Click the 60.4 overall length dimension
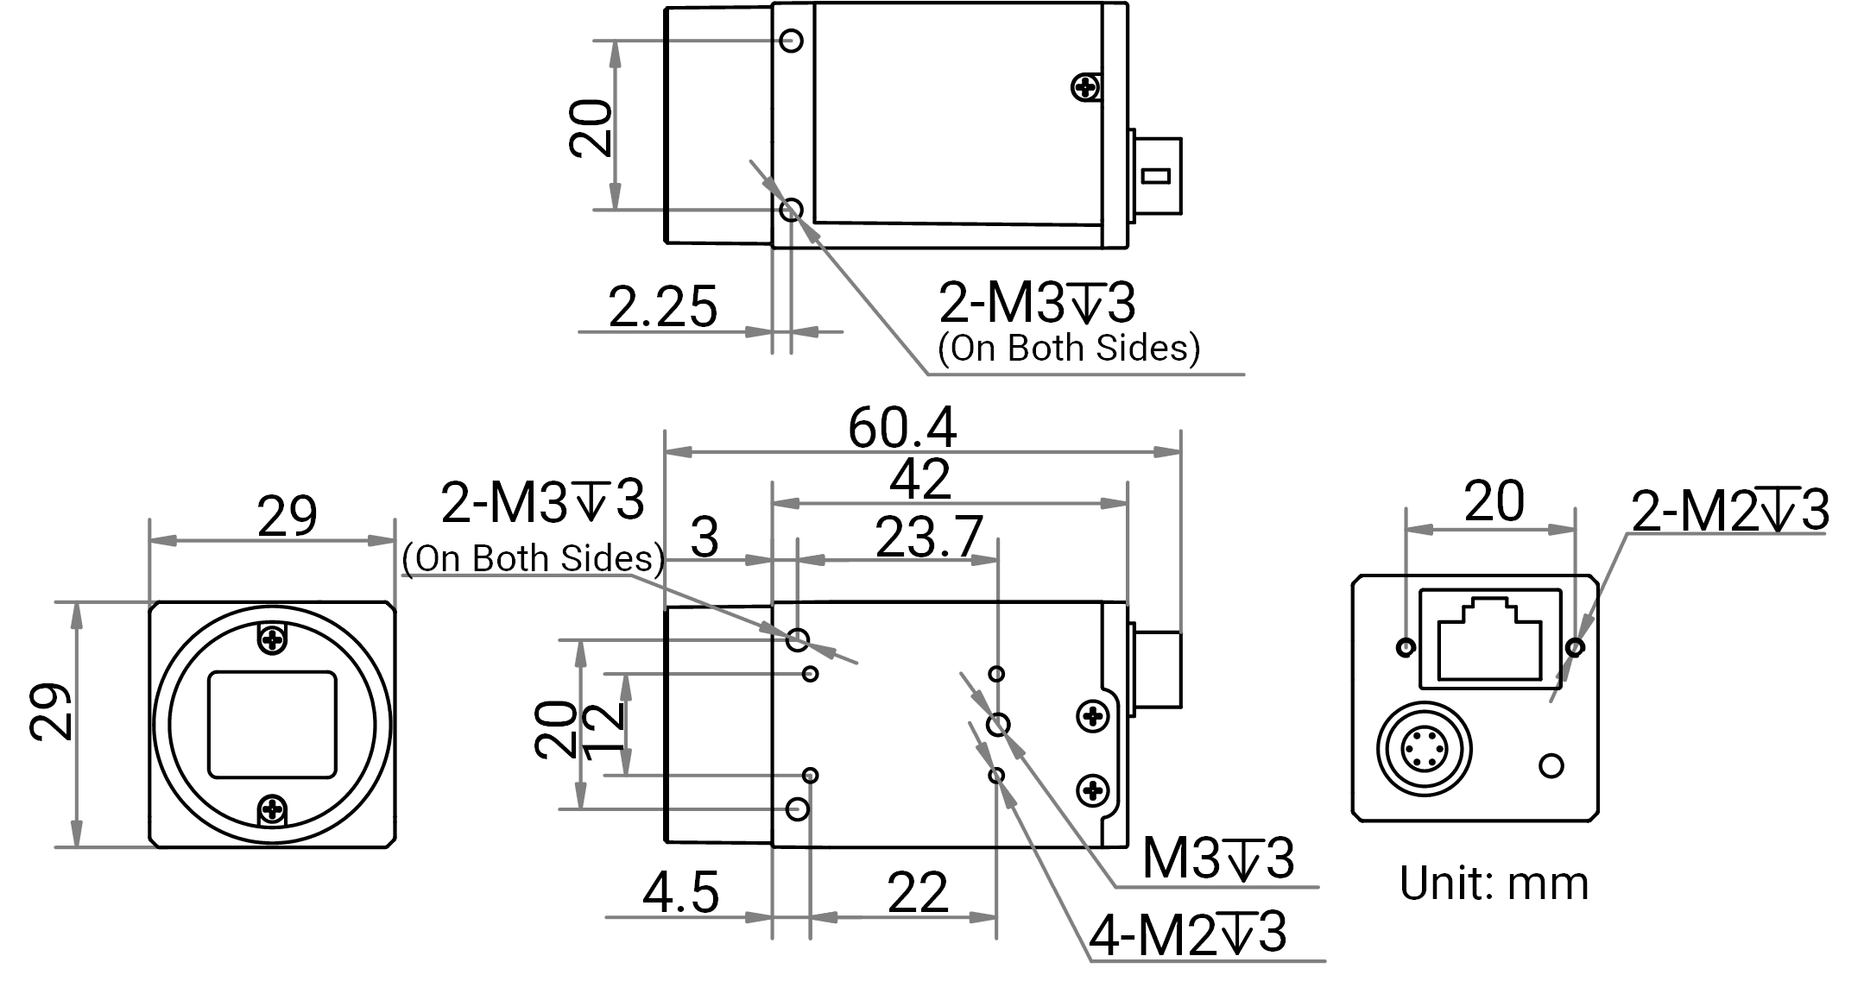click(x=902, y=427)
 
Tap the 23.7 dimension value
click(x=929, y=537)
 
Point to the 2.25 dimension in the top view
click(x=662, y=306)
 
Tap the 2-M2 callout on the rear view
click(x=1729, y=510)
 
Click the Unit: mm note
click(x=1494, y=884)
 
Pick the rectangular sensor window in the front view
click(x=272, y=725)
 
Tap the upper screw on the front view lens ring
click(x=273, y=639)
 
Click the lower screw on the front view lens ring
click(x=273, y=808)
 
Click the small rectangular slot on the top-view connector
click(x=1155, y=176)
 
